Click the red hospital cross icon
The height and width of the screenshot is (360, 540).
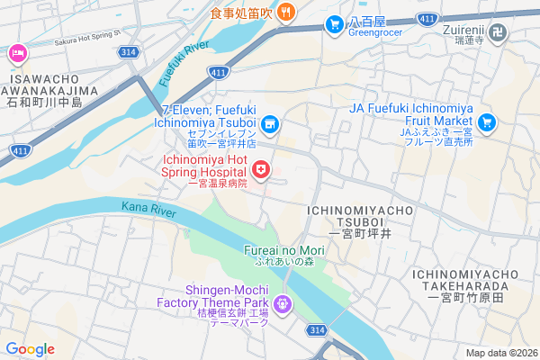pos(261,168)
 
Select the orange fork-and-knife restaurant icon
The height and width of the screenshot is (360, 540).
pos(285,12)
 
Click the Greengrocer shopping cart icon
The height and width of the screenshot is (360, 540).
pos(334,23)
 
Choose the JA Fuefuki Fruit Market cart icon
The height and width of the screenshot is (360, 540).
pos(487,121)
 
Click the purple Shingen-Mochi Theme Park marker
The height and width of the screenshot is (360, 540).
pos(283,304)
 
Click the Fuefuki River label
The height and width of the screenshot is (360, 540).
pos(183,64)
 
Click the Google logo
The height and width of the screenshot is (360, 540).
pos(30,348)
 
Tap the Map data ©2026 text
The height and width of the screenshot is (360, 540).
pos(500,353)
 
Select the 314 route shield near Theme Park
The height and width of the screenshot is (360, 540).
pos(316,331)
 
